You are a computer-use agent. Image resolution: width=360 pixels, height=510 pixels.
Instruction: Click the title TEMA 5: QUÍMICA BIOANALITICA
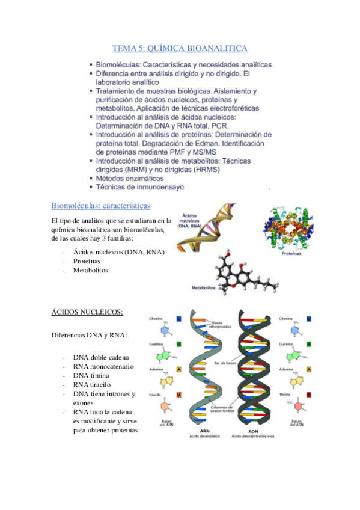click(180, 48)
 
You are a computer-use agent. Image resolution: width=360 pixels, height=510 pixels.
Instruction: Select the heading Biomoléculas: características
click(100, 206)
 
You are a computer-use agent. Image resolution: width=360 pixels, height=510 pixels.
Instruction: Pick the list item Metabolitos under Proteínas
click(90, 271)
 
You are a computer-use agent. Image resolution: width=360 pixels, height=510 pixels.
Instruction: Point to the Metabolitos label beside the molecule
click(203, 288)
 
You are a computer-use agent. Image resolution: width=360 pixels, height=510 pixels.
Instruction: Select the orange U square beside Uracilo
click(179, 395)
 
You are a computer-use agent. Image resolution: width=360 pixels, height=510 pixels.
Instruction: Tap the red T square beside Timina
click(308, 395)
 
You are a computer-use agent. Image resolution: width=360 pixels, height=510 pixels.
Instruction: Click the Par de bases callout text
click(225, 363)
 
